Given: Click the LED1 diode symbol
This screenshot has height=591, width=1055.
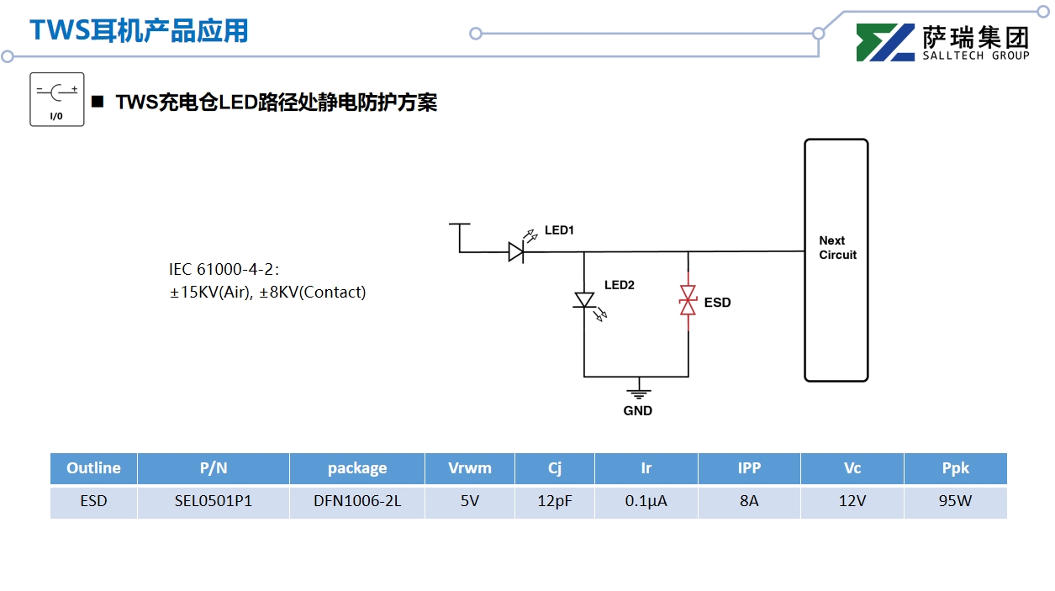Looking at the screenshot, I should pos(516,251).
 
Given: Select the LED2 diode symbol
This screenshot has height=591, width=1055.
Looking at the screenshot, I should pos(584,300).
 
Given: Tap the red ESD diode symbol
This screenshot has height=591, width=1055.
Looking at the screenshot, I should pos(688,301).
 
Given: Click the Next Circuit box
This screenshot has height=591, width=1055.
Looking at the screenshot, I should pos(836,260).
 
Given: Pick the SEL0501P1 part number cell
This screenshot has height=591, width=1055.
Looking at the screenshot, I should pos(214,502).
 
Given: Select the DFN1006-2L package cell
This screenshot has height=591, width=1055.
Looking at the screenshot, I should pos(357,502).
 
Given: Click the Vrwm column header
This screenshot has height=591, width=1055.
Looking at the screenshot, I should pos(470,468).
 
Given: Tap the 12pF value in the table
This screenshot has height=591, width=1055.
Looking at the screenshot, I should pos(555,502).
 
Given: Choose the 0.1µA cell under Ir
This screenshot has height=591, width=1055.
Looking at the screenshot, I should pos(646,502).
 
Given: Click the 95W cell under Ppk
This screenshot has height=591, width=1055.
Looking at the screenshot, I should pos(955,502).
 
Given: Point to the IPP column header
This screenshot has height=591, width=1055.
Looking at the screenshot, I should pos(749,468).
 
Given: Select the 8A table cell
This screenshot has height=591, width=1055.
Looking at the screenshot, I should pos(749,502).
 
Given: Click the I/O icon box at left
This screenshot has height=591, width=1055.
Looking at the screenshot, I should pos(57,99).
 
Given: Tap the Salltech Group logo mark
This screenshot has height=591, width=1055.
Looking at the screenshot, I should pos(885,43).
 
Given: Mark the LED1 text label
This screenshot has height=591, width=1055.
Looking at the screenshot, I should pos(559,230).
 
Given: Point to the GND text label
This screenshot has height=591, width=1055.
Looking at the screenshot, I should pos(638,411).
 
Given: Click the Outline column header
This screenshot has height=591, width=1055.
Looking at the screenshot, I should pos(93,468).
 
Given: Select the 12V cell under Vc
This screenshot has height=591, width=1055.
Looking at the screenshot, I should pos(852,502).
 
